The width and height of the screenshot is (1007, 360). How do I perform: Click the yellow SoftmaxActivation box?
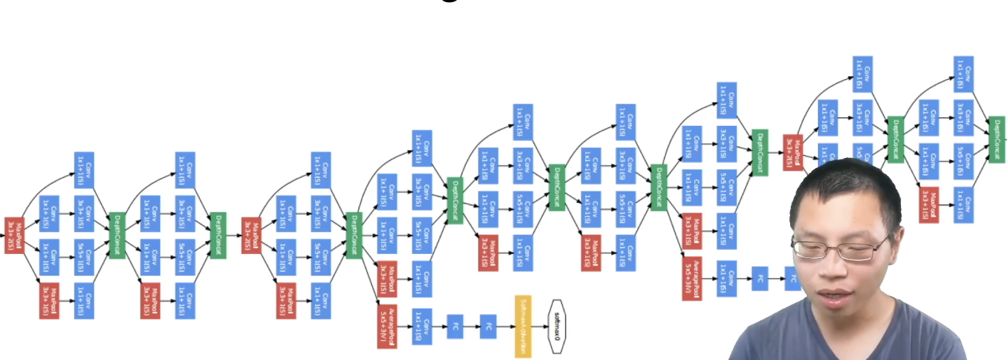pyautogui.click(x=523, y=326)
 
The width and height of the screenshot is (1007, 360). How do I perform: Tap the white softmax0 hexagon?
pyautogui.click(x=556, y=327)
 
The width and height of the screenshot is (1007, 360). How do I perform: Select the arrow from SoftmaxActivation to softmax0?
pyautogui.click(x=540, y=327)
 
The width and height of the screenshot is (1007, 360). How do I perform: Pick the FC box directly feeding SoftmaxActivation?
pyautogui.click(x=488, y=327)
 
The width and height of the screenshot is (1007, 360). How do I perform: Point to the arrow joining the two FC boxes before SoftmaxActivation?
pyautogui.click(x=471, y=327)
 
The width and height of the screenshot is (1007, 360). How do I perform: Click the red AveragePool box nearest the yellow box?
pyautogui.click(x=388, y=326)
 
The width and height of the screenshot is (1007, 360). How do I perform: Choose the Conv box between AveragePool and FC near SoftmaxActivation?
pyautogui.click(x=422, y=327)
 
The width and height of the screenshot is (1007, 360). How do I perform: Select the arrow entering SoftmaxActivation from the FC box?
pyautogui.click(x=506, y=327)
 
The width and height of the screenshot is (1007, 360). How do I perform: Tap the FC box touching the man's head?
pyautogui.click(x=792, y=278)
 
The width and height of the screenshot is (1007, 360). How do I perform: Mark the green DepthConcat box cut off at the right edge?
pyautogui.click(x=998, y=139)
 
